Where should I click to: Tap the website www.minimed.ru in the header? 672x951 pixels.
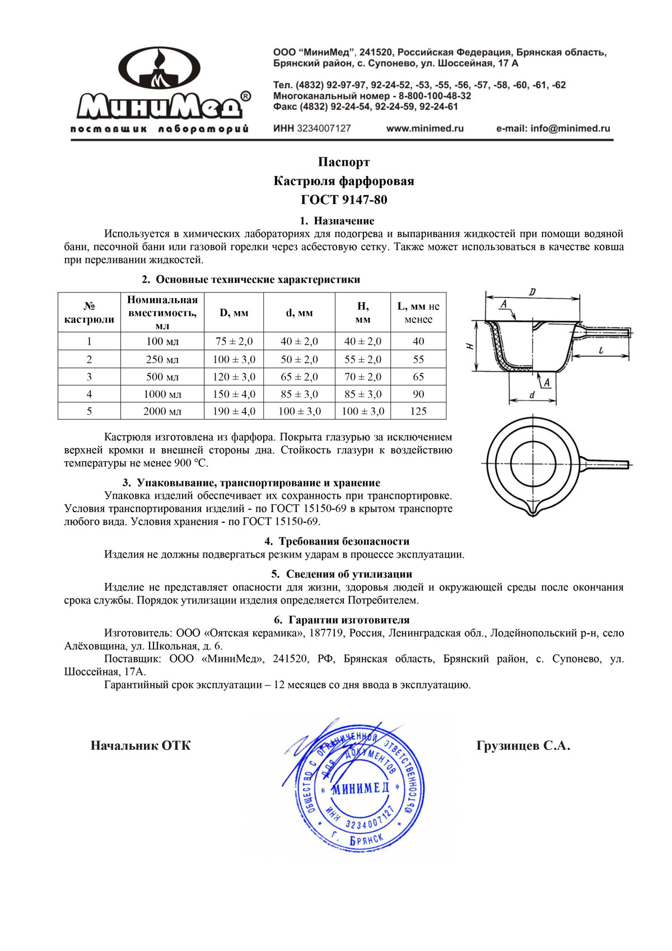pyautogui.click(x=424, y=128)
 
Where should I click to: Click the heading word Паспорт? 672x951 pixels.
pyautogui.click(x=344, y=162)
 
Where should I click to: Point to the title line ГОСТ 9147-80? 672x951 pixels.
pyautogui.click(x=344, y=200)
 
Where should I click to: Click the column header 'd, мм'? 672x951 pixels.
pyautogui.click(x=299, y=313)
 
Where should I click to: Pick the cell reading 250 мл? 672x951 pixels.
pyautogui.click(x=162, y=359)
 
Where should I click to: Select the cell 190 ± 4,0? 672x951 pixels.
pyautogui.click(x=234, y=411)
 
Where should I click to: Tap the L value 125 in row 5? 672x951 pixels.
pyautogui.click(x=418, y=411)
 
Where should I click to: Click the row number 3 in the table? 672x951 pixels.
pyautogui.click(x=89, y=377)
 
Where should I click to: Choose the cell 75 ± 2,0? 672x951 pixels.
pyautogui.click(x=234, y=341)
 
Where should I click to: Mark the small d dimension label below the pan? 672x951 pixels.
pyautogui.click(x=531, y=395)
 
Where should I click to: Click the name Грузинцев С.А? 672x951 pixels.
pyautogui.click(x=523, y=745)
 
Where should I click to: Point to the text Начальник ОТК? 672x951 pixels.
pyautogui.click(x=141, y=745)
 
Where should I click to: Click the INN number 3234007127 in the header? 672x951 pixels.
pyautogui.click(x=324, y=128)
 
